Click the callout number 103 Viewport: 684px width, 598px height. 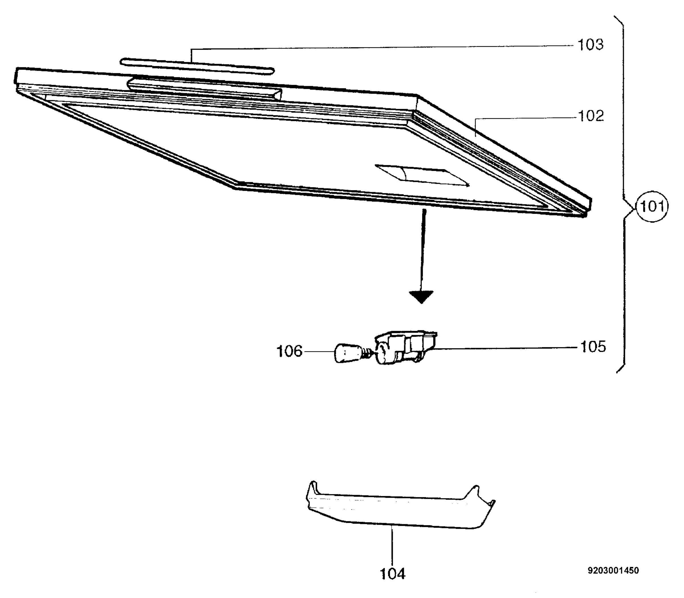(590, 45)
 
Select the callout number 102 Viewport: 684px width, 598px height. (591, 116)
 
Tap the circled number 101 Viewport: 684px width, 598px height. (652, 207)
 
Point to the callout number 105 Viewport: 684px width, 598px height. (593, 347)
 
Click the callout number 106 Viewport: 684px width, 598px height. (290, 351)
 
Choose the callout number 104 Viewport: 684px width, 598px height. (393, 574)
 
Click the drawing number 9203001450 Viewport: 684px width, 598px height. (613, 570)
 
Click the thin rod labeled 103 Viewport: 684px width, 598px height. (197, 66)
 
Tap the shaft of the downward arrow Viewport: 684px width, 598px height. (423, 250)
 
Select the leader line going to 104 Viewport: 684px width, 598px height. (392, 545)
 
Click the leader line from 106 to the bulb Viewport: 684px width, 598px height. (318, 351)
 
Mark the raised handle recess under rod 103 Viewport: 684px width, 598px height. (204, 90)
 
